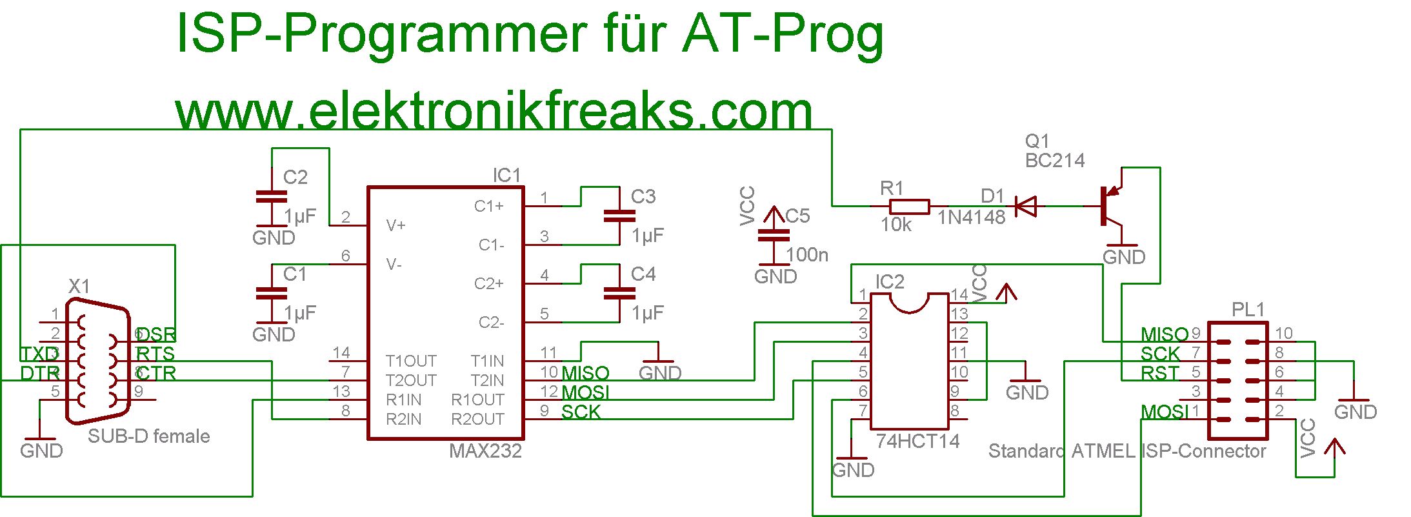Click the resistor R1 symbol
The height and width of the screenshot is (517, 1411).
pos(909,207)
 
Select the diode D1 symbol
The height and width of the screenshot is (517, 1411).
pos(1025,207)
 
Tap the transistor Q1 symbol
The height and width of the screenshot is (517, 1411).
pos(1111,207)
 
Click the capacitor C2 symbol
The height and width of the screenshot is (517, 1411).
pos(272,198)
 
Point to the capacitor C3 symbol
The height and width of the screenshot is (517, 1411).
pos(619,216)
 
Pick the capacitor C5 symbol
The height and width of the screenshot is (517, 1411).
pos(773,235)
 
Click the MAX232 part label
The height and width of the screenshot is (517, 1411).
pos(485,451)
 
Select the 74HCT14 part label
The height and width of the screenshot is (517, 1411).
pos(917,441)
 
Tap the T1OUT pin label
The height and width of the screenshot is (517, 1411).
pos(411,361)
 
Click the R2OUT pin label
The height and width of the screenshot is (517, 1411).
pos(477,420)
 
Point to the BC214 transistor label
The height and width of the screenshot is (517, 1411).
pos(1055,161)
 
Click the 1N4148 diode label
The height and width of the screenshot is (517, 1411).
pos(971,218)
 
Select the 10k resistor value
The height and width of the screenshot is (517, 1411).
pos(896,225)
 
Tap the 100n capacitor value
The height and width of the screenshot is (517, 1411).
pos(807,255)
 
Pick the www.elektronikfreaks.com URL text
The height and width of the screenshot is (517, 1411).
pos(494,111)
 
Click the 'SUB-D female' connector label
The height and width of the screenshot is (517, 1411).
pos(148,436)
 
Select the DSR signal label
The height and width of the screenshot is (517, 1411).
pos(156,334)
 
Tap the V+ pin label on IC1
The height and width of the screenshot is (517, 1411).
pos(395,225)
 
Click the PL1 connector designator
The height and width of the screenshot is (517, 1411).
pos(1248,310)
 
